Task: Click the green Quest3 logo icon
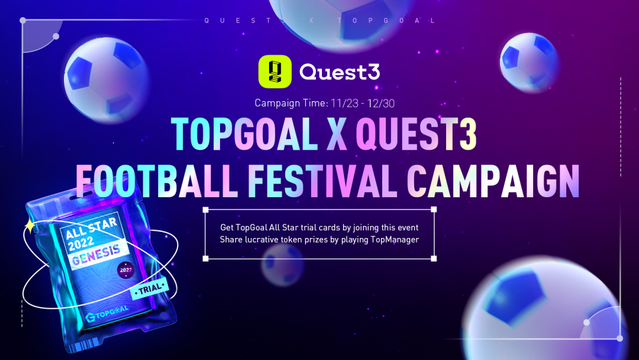[x=275, y=71]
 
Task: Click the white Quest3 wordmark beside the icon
[x=340, y=72]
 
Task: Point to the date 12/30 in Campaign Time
[x=380, y=103]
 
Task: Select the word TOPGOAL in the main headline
[x=244, y=134]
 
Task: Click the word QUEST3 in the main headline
[x=416, y=134]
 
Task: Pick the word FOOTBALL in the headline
[x=156, y=181]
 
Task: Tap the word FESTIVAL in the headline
[x=322, y=181]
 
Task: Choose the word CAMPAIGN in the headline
[x=493, y=181]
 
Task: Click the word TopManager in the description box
[x=395, y=239]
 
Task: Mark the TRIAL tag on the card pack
[x=150, y=289]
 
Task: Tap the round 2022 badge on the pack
[x=125, y=270]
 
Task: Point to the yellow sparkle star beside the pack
[x=30, y=226]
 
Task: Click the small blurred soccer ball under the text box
[x=282, y=264]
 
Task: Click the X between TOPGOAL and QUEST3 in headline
[x=337, y=134]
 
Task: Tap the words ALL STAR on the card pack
[x=91, y=229]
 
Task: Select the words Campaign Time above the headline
[x=291, y=103]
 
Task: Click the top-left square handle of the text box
[x=205, y=210]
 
